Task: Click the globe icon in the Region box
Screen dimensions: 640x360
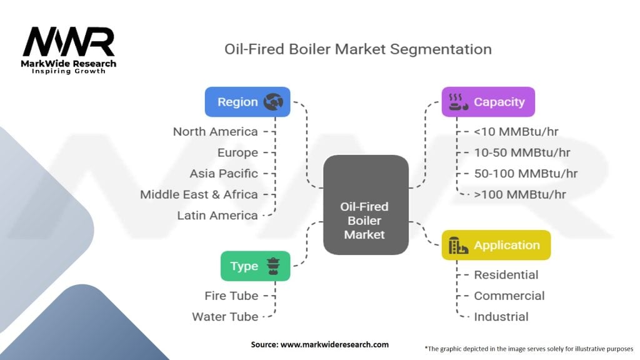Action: [x=273, y=102]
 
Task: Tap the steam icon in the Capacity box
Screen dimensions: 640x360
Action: [x=458, y=102]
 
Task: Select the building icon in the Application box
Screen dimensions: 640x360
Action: [x=458, y=245]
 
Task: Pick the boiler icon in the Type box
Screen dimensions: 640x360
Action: [x=273, y=266]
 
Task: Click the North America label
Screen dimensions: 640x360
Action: [x=216, y=132]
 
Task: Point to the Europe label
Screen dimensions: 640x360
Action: [x=237, y=152]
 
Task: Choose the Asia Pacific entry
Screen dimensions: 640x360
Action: [x=224, y=174]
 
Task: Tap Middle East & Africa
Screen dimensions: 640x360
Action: [x=199, y=194]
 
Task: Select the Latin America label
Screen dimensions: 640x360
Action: [x=217, y=215]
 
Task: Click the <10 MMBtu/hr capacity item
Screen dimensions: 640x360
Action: [x=516, y=132]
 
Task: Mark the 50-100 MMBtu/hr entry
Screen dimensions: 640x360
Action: [x=526, y=174]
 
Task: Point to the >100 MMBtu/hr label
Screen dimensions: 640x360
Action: [x=520, y=194]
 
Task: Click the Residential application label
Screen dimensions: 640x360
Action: [x=506, y=275]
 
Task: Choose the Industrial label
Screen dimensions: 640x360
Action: [x=501, y=317]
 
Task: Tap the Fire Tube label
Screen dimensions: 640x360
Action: [x=231, y=296]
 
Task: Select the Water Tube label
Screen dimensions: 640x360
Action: [x=225, y=317]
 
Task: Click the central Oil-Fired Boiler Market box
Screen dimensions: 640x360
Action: [x=366, y=205]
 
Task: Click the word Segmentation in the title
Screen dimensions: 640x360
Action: [x=441, y=49]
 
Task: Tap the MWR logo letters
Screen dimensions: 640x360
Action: [x=69, y=42]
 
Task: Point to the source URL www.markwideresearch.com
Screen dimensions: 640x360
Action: [x=335, y=344]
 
